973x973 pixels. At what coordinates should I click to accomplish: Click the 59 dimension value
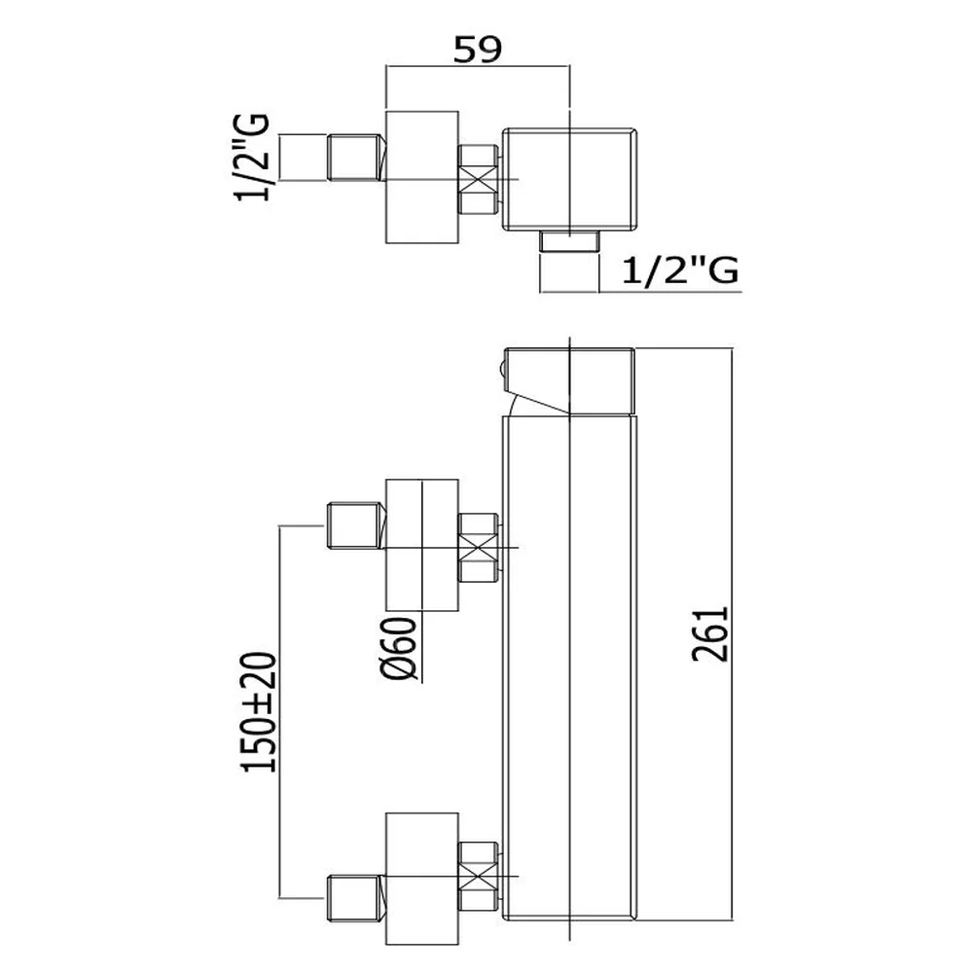pos(477,50)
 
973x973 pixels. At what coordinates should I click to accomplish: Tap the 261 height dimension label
pos(710,634)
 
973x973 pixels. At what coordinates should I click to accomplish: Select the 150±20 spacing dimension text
pos(259,712)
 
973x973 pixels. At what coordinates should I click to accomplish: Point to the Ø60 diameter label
pos(398,648)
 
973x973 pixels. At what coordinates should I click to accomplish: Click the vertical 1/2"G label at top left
pos(252,157)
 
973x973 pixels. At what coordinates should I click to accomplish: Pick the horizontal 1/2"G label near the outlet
pos(680,270)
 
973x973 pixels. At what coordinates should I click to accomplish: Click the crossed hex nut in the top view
pos(478,180)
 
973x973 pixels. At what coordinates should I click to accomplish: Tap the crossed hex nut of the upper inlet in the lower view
pos(478,547)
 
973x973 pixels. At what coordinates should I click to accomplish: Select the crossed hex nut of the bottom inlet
pos(478,876)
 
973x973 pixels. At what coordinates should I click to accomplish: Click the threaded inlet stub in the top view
pos(356,158)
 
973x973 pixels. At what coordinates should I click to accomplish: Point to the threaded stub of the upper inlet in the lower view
pos(356,525)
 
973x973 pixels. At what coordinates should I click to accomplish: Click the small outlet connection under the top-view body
pos(569,240)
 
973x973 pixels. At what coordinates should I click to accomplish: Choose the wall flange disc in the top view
pos(422,177)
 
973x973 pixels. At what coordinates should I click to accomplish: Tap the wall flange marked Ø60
pos(422,545)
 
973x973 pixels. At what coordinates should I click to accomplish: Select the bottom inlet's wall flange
pos(422,879)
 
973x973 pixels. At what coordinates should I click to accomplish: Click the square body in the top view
pos(569,179)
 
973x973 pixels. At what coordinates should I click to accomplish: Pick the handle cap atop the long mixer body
pos(569,380)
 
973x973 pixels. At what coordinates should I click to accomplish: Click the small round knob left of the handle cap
pos(500,371)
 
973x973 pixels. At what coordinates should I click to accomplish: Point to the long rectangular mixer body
pos(569,667)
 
